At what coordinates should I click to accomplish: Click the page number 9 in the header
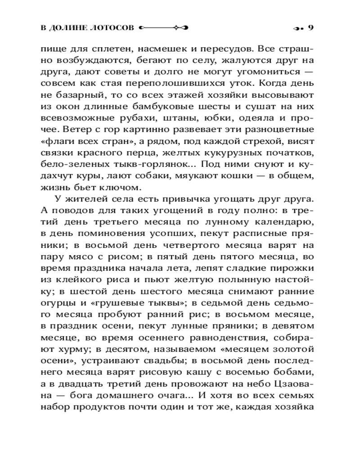tap(310, 28)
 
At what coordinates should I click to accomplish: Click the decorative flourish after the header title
tap(164, 28)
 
